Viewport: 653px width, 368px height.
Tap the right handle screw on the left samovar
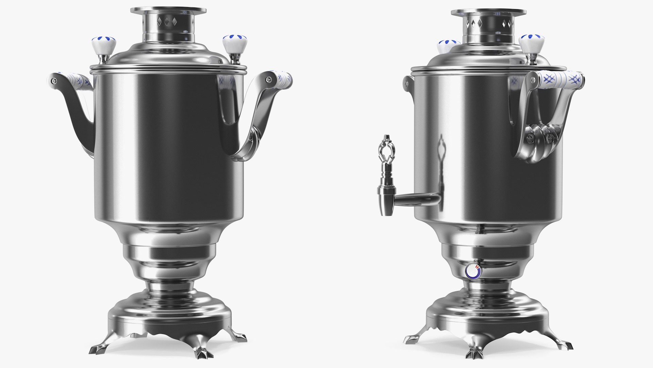pyautogui.click(x=269, y=80)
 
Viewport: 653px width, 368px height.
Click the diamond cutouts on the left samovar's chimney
pyautogui.click(x=167, y=22)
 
